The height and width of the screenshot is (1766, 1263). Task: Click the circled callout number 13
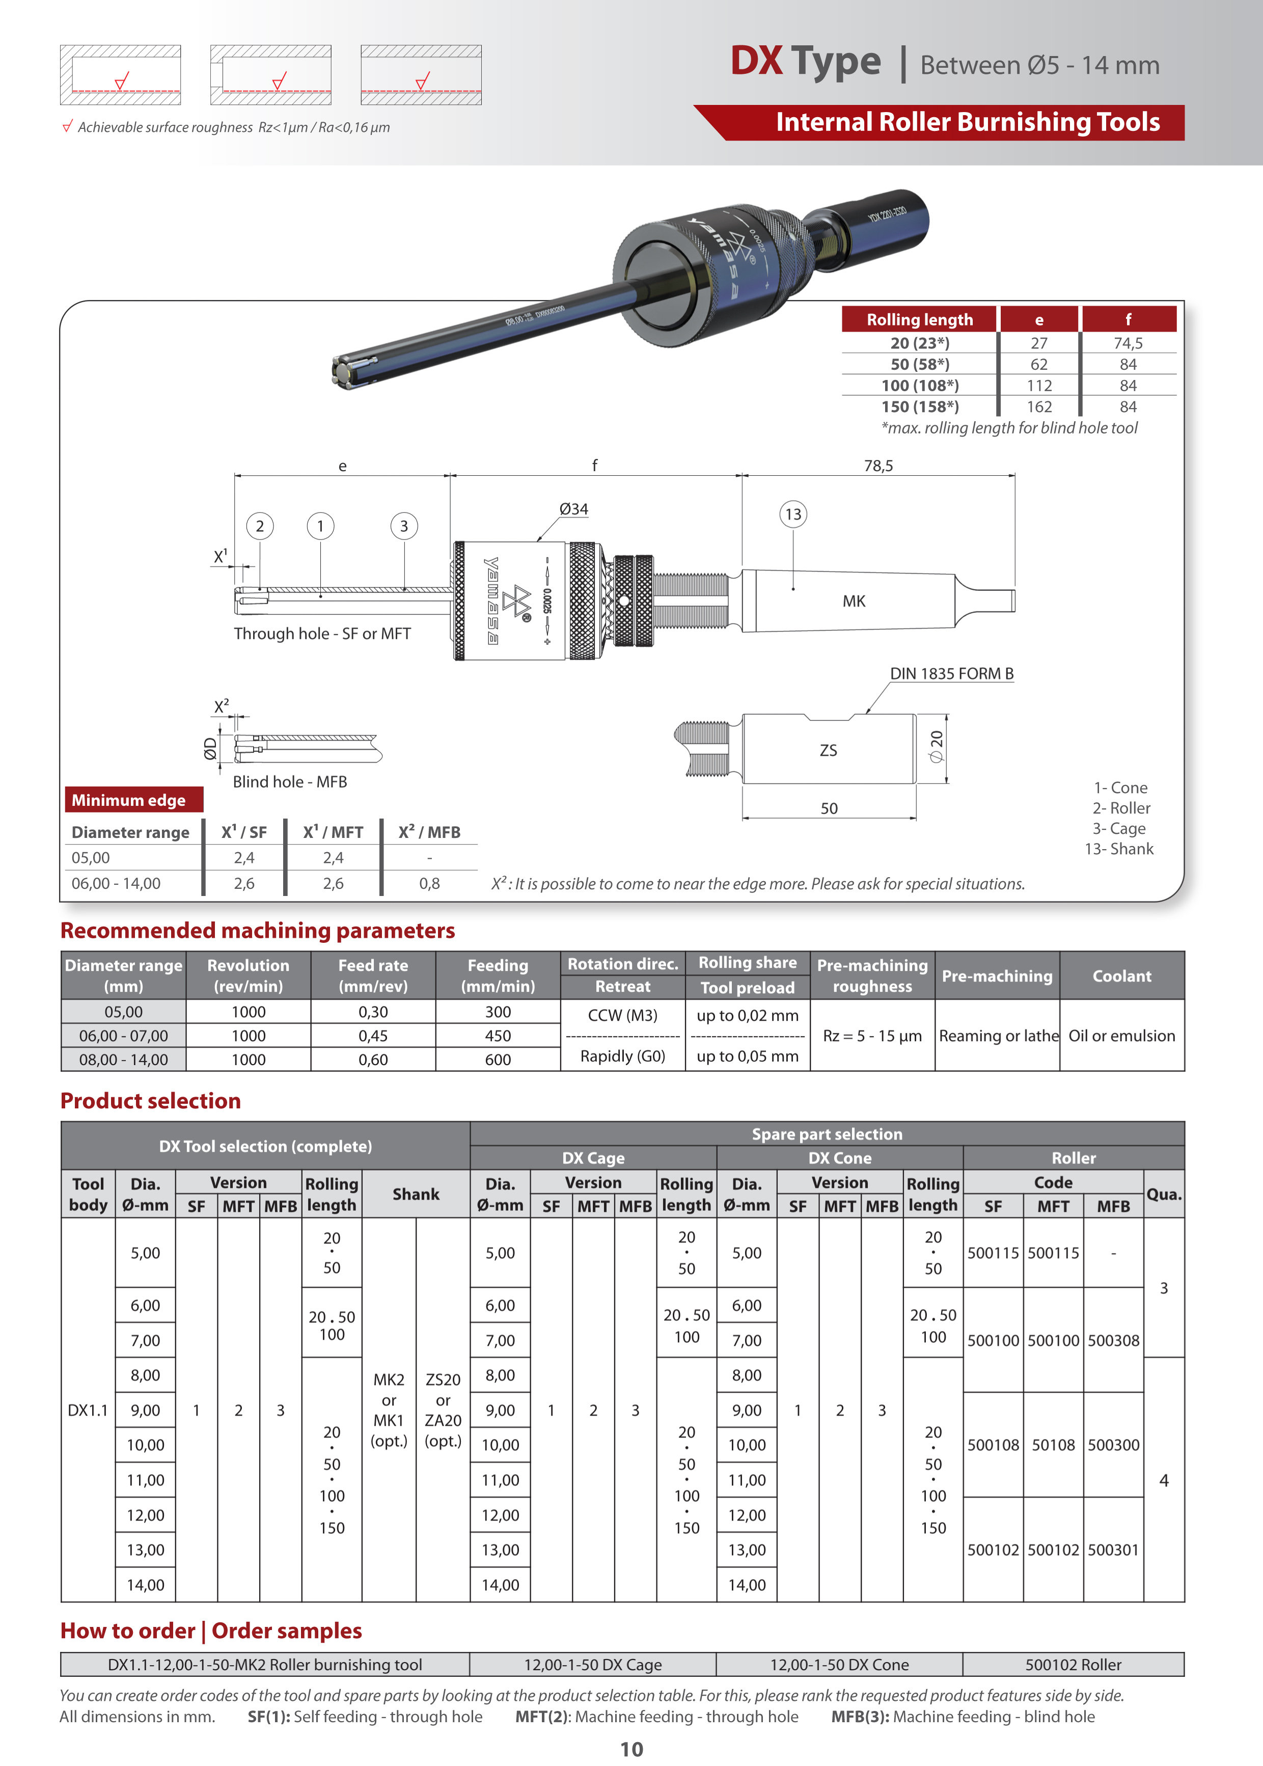[x=792, y=514]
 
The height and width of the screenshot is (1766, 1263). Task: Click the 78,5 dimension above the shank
[x=878, y=466]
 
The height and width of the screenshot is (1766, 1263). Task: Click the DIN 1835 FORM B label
[x=951, y=673]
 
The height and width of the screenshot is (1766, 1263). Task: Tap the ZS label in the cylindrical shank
[x=828, y=750]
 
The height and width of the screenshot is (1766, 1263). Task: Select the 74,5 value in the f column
[x=1128, y=343]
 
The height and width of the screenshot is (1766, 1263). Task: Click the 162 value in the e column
[x=1039, y=406]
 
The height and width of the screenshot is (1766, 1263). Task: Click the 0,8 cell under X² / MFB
[x=429, y=883]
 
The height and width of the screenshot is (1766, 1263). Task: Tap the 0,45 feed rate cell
[x=373, y=1036]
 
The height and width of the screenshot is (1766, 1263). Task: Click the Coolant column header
[x=1121, y=976]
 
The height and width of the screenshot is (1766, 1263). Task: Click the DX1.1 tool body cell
[x=88, y=1410]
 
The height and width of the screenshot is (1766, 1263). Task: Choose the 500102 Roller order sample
[x=1073, y=1665]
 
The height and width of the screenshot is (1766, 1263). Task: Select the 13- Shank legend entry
[x=1119, y=849]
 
